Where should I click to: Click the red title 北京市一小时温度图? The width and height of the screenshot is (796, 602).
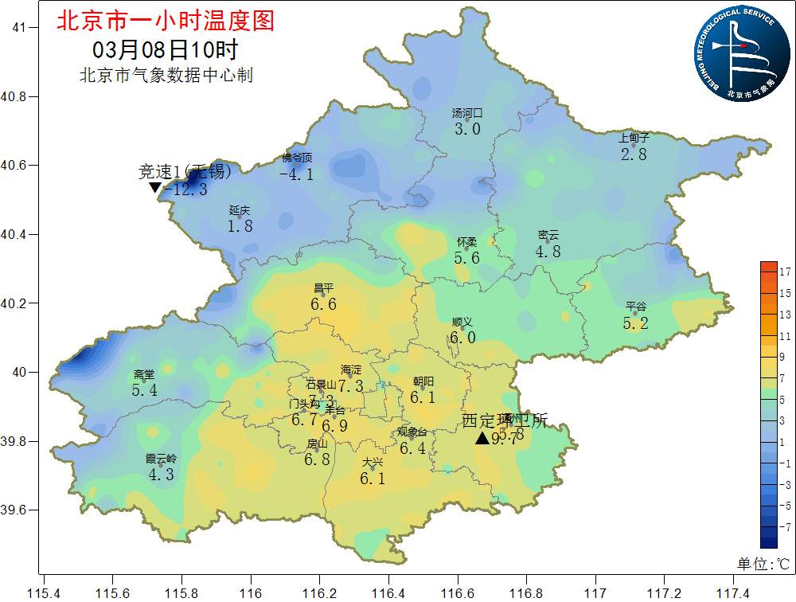pos(165,21)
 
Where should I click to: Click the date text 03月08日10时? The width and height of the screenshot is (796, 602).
pos(165,49)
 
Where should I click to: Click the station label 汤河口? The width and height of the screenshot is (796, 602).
pos(467,114)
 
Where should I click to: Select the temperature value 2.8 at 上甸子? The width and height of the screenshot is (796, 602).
pos(634,154)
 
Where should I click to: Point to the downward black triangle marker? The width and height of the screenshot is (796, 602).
pos(155,188)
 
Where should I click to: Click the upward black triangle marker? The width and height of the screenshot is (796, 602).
pos(482,438)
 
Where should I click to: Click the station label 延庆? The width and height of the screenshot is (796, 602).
pos(240,211)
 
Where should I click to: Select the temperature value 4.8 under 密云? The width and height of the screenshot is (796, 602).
pos(548,252)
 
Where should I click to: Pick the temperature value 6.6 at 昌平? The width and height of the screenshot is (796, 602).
pos(323,304)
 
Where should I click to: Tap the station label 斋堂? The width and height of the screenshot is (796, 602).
pos(144,375)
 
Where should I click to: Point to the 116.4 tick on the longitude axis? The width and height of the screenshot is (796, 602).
pos(388,593)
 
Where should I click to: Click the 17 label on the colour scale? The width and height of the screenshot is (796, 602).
pos(785,272)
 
